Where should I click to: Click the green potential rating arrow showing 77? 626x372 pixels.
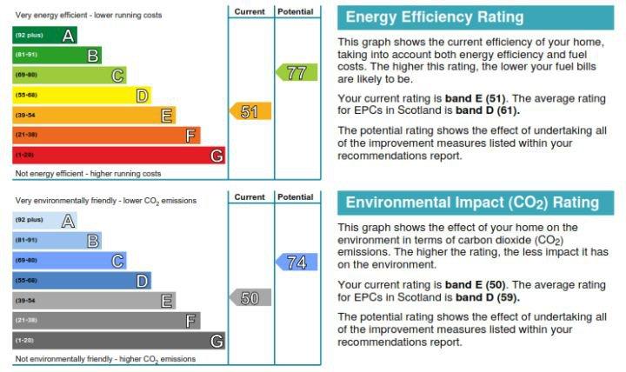pyautogui.click(x=296, y=72)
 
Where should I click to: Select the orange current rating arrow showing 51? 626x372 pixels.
pyautogui.click(x=250, y=111)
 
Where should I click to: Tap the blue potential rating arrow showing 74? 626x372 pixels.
pyautogui.click(x=296, y=262)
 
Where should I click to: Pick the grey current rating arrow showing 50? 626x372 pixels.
pyautogui.click(x=250, y=297)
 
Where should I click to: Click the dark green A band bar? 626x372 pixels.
pyautogui.click(x=44, y=35)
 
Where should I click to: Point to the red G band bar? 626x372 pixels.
pyautogui.click(x=119, y=156)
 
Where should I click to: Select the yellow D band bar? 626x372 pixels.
pyautogui.click(x=82, y=95)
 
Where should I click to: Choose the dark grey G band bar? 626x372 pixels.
pyautogui.click(x=119, y=341)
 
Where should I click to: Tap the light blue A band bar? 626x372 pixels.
pyautogui.click(x=44, y=220)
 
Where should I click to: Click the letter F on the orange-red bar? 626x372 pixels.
pyautogui.click(x=190, y=136)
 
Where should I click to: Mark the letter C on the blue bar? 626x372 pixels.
pyautogui.click(x=117, y=261)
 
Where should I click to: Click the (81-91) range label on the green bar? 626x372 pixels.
pyautogui.click(x=26, y=54)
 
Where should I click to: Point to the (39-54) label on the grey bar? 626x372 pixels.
pyautogui.click(x=25, y=301)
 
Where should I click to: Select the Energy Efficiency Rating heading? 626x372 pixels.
pyautogui.click(x=435, y=17)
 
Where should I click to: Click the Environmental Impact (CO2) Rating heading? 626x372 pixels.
pyautogui.click(x=472, y=203)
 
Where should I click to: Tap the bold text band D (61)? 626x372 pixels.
pyautogui.click(x=488, y=110)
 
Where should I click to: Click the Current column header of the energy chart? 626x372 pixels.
pyautogui.click(x=250, y=11)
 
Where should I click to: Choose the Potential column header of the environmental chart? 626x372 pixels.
pyautogui.click(x=296, y=196)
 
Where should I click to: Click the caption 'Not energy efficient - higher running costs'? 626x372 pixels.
pyautogui.click(x=88, y=174)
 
